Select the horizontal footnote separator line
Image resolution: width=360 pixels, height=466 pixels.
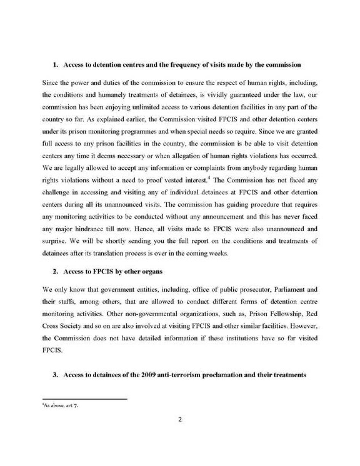pyautogui.click(x=84, y=399)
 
